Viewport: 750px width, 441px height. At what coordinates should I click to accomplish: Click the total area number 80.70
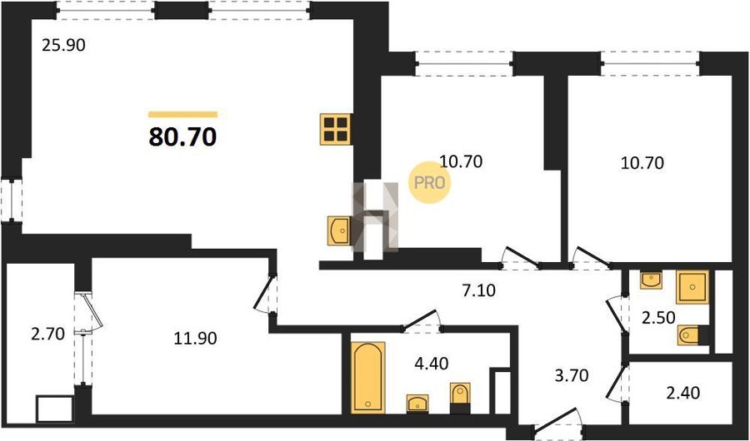[182, 137]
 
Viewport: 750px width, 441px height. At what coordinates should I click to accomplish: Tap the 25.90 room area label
[63, 46]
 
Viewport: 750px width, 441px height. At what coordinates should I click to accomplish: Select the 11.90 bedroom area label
[196, 339]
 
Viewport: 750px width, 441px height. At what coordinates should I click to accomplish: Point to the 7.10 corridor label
[479, 289]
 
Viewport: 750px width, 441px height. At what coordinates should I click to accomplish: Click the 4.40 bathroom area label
[431, 364]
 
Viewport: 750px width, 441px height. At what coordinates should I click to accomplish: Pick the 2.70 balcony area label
[47, 334]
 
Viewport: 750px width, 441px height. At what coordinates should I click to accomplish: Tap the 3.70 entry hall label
[571, 376]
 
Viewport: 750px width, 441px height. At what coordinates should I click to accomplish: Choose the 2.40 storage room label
[683, 393]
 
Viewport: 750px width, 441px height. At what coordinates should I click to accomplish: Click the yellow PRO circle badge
[429, 183]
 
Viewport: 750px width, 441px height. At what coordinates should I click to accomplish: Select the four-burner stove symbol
[336, 129]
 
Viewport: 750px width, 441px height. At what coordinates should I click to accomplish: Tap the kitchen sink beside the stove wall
[339, 230]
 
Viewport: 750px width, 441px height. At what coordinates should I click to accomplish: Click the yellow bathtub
[368, 378]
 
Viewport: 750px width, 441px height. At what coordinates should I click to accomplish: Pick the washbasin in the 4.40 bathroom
[417, 404]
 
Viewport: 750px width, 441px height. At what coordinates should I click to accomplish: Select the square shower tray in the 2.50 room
[692, 287]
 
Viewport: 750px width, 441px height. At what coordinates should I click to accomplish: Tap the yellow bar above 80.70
[182, 114]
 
